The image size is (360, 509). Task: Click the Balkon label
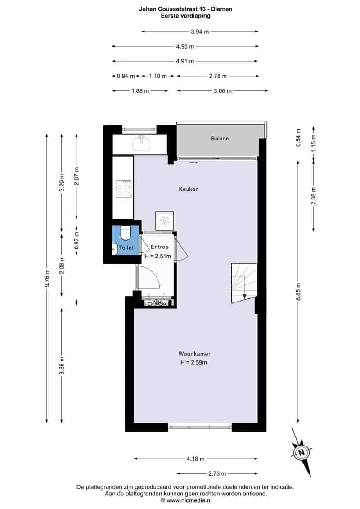pyautogui.click(x=220, y=139)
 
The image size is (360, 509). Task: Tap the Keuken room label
pyautogui.click(x=188, y=189)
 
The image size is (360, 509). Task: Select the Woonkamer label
pyautogui.click(x=194, y=354)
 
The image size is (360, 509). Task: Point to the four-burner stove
pyautogui.click(x=123, y=189)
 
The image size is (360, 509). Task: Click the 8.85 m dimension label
pyautogui.click(x=298, y=292)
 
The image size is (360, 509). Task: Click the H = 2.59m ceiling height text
pyautogui.click(x=194, y=362)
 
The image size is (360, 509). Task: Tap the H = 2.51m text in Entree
pyautogui.click(x=158, y=256)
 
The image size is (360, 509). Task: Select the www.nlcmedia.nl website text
pyautogui.click(x=189, y=500)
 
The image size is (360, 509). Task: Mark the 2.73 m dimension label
pyautogui.click(x=217, y=473)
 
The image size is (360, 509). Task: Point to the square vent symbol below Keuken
pyautogui.click(x=164, y=221)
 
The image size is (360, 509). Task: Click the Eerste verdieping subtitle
pyautogui.click(x=186, y=15)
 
